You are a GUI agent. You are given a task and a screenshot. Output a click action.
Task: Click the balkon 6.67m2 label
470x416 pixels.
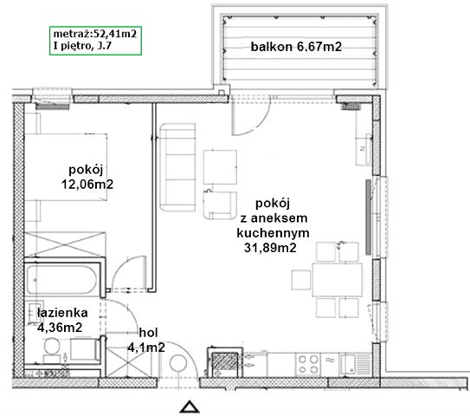tap(296, 47)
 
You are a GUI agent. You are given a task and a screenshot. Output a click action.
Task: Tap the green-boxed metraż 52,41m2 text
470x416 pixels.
tap(95, 33)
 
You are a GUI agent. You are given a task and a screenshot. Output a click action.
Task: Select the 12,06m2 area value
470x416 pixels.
tap(87, 184)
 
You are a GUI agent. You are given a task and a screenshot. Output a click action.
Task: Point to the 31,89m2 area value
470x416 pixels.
tap(270, 248)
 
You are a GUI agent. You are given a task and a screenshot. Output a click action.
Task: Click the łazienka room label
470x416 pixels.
tap(62, 313)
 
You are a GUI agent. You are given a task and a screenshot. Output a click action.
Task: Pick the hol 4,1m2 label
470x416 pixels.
tap(146, 340)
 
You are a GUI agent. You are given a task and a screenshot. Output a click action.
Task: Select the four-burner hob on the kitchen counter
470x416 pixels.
tap(308, 364)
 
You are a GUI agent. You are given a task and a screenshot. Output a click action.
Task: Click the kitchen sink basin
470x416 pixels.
tap(348, 364)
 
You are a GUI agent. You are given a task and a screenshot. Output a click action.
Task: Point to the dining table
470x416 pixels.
tap(337, 280)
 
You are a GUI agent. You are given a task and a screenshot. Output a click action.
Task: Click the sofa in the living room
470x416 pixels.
tap(177, 167)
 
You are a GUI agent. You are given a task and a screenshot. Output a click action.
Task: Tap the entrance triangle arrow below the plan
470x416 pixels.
tap(190, 406)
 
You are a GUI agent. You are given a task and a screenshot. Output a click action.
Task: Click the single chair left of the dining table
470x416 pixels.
tap(301, 280)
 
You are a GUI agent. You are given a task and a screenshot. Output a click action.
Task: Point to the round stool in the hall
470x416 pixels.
tap(178, 363)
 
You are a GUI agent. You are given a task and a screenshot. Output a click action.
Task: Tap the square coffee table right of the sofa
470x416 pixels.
tap(220, 167)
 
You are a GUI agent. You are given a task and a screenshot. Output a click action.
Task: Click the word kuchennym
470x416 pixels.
tap(273, 233)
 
